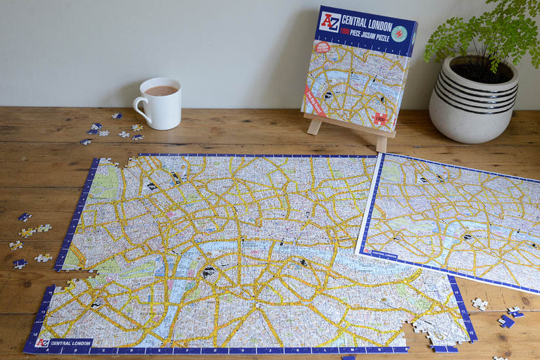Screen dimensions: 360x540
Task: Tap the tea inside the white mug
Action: coord(161,90)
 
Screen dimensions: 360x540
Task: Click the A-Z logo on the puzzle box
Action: coord(329,22)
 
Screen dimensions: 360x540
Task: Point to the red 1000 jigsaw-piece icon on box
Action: coord(379,119)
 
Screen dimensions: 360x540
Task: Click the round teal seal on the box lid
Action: coord(399,33)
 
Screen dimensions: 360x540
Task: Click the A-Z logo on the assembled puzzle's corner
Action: coord(42,342)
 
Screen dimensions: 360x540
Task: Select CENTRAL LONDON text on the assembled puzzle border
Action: coord(71,342)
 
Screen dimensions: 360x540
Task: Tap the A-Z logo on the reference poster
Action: coord(368,251)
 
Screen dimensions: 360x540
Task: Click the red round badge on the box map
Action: coord(323,48)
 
